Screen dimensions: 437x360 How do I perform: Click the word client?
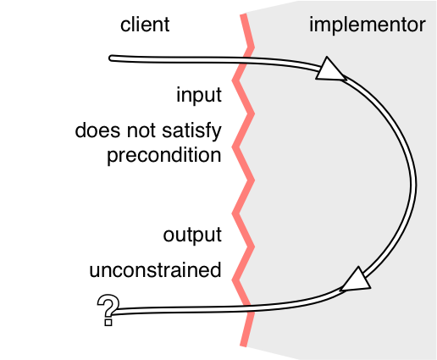145,25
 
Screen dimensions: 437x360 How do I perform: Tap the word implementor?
368,25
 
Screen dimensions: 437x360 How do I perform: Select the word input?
199,96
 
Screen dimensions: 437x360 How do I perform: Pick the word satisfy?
192,131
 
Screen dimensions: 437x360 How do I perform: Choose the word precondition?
164,156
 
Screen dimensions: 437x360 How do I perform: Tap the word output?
192,235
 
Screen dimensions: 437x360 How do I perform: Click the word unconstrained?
155,270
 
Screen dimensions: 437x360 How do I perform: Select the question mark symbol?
108,310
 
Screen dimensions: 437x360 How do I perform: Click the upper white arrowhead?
329,69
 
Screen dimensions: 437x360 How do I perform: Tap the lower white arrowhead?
357,280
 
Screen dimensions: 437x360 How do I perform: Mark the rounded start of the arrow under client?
112,58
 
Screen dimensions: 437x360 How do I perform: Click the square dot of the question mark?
108,322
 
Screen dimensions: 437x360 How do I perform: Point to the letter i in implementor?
312,25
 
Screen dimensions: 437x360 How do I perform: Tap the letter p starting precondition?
113,158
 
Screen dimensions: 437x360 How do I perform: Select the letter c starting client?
125,26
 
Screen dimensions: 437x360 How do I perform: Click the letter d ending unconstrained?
216,270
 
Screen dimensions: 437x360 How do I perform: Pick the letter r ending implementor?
422,26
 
